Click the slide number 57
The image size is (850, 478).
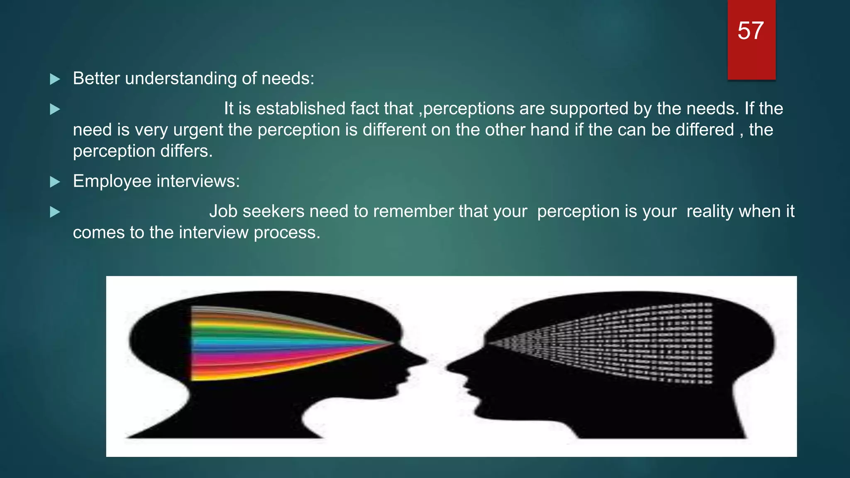click(x=750, y=31)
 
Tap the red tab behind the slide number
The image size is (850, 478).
click(x=751, y=62)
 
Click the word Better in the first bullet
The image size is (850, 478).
click(x=96, y=78)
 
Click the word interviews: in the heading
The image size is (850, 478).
click(x=198, y=181)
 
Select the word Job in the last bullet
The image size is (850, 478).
click(x=223, y=211)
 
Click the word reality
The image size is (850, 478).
click(x=710, y=212)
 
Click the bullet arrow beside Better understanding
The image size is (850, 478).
click(x=55, y=79)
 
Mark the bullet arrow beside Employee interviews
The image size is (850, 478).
click(x=55, y=182)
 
